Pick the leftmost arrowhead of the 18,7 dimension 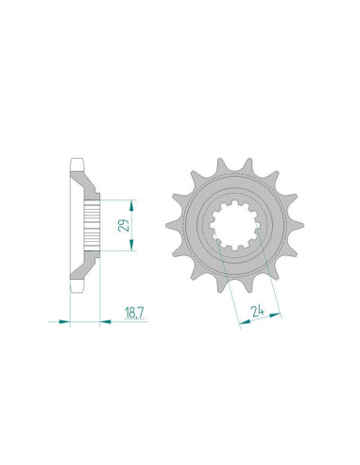click(x=65, y=322)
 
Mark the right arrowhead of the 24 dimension click(x=277, y=312)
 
